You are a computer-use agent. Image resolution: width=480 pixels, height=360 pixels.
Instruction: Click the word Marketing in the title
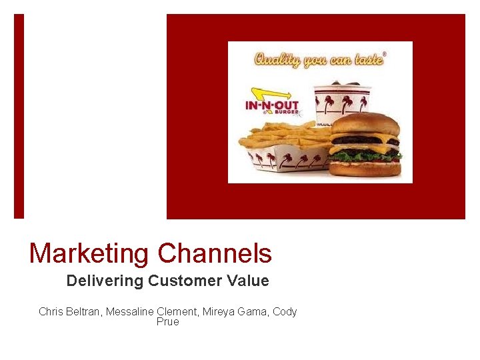click(89, 254)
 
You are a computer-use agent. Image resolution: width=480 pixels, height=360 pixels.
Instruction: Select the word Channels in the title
click(215, 254)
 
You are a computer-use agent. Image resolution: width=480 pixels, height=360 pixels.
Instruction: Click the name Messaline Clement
click(157, 311)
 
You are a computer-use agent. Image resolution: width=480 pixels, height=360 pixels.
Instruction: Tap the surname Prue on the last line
click(168, 321)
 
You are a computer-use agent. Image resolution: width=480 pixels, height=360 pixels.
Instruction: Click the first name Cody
click(285, 311)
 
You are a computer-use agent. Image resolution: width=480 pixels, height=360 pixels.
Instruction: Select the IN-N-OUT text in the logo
click(272, 106)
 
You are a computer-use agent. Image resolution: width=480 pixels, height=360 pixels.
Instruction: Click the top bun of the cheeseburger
click(365, 124)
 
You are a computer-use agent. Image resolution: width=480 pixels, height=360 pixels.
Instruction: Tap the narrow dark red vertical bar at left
click(19, 116)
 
